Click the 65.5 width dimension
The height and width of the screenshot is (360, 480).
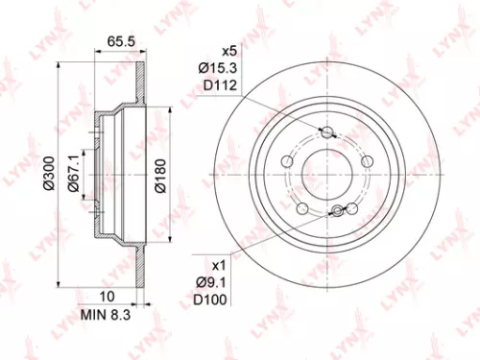click(x=118, y=41)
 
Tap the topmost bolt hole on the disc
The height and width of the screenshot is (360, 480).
click(x=327, y=132)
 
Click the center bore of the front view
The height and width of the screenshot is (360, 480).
click(x=327, y=177)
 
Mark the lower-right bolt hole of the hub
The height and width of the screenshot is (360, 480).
click(x=353, y=210)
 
